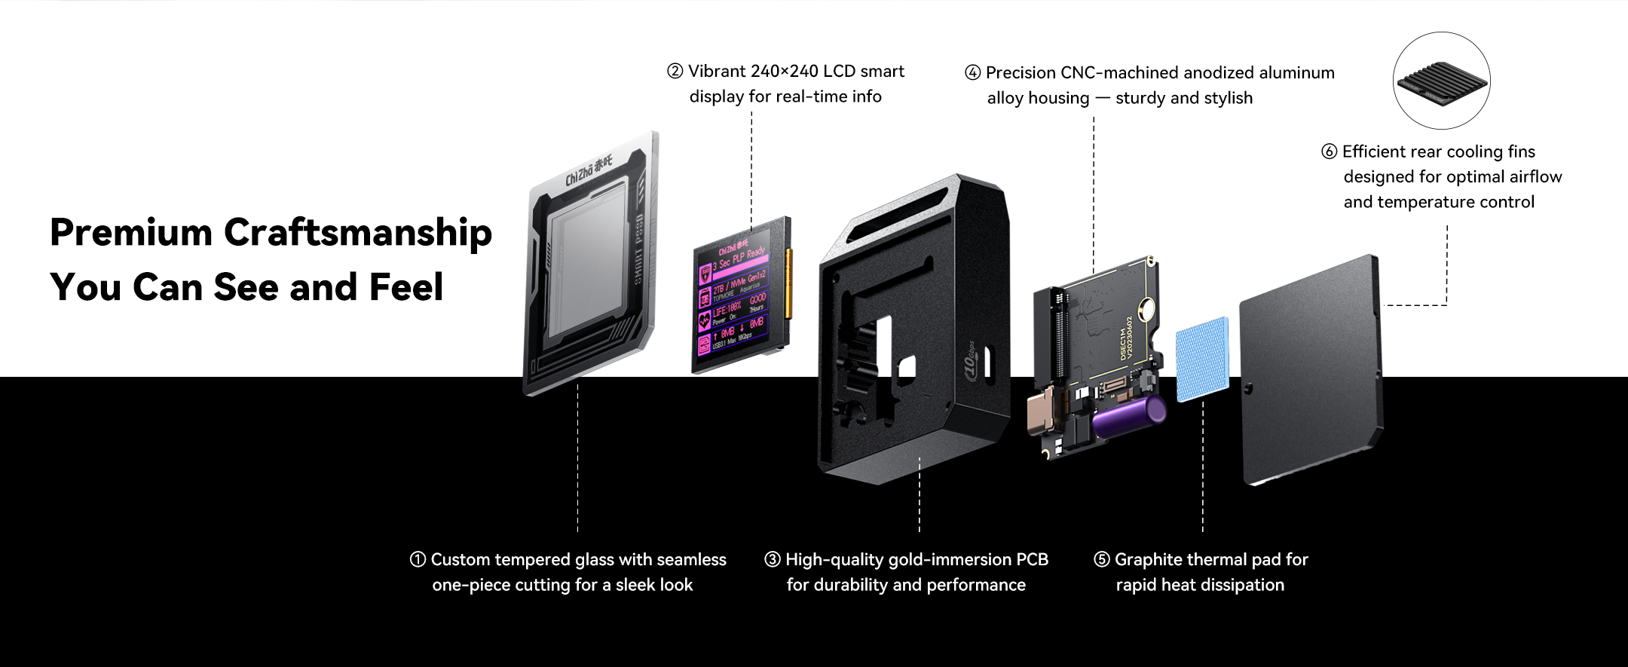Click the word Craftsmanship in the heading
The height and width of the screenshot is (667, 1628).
pyautogui.click(x=357, y=233)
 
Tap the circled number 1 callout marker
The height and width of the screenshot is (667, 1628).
pyautogui.click(x=418, y=559)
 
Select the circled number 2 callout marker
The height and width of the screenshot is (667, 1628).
pyautogui.click(x=675, y=71)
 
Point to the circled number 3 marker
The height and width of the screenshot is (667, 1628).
pyautogui.click(x=772, y=559)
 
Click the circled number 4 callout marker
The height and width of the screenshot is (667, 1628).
pyautogui.click(x=972, y=72)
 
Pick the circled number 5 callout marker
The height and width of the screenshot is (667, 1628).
pyautogui.click(x=1101, y=559)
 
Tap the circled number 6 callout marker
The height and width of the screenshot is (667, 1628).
pyautogui.click(x=1329, y=151)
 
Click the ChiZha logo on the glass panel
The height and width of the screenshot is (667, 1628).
pyautogui.click(x=589, y=172)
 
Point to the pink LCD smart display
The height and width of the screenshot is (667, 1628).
pyautogui.click(x=739, y=298)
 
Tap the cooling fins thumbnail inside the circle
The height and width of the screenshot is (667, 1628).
pyautogui.click(x=1441, y=81)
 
